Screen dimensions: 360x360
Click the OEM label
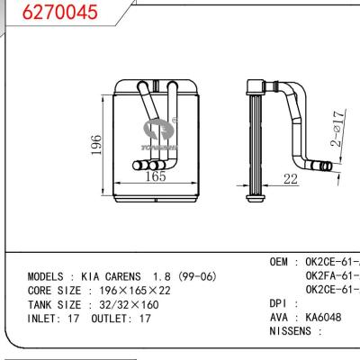[281, 262]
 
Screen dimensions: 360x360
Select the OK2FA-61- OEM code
[331, 275]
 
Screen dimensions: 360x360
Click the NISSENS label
[294, 331]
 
